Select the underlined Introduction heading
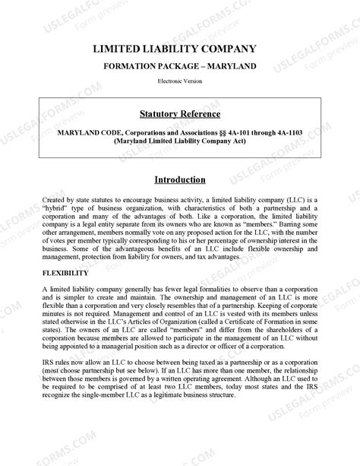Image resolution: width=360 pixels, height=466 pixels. [179, 180]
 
